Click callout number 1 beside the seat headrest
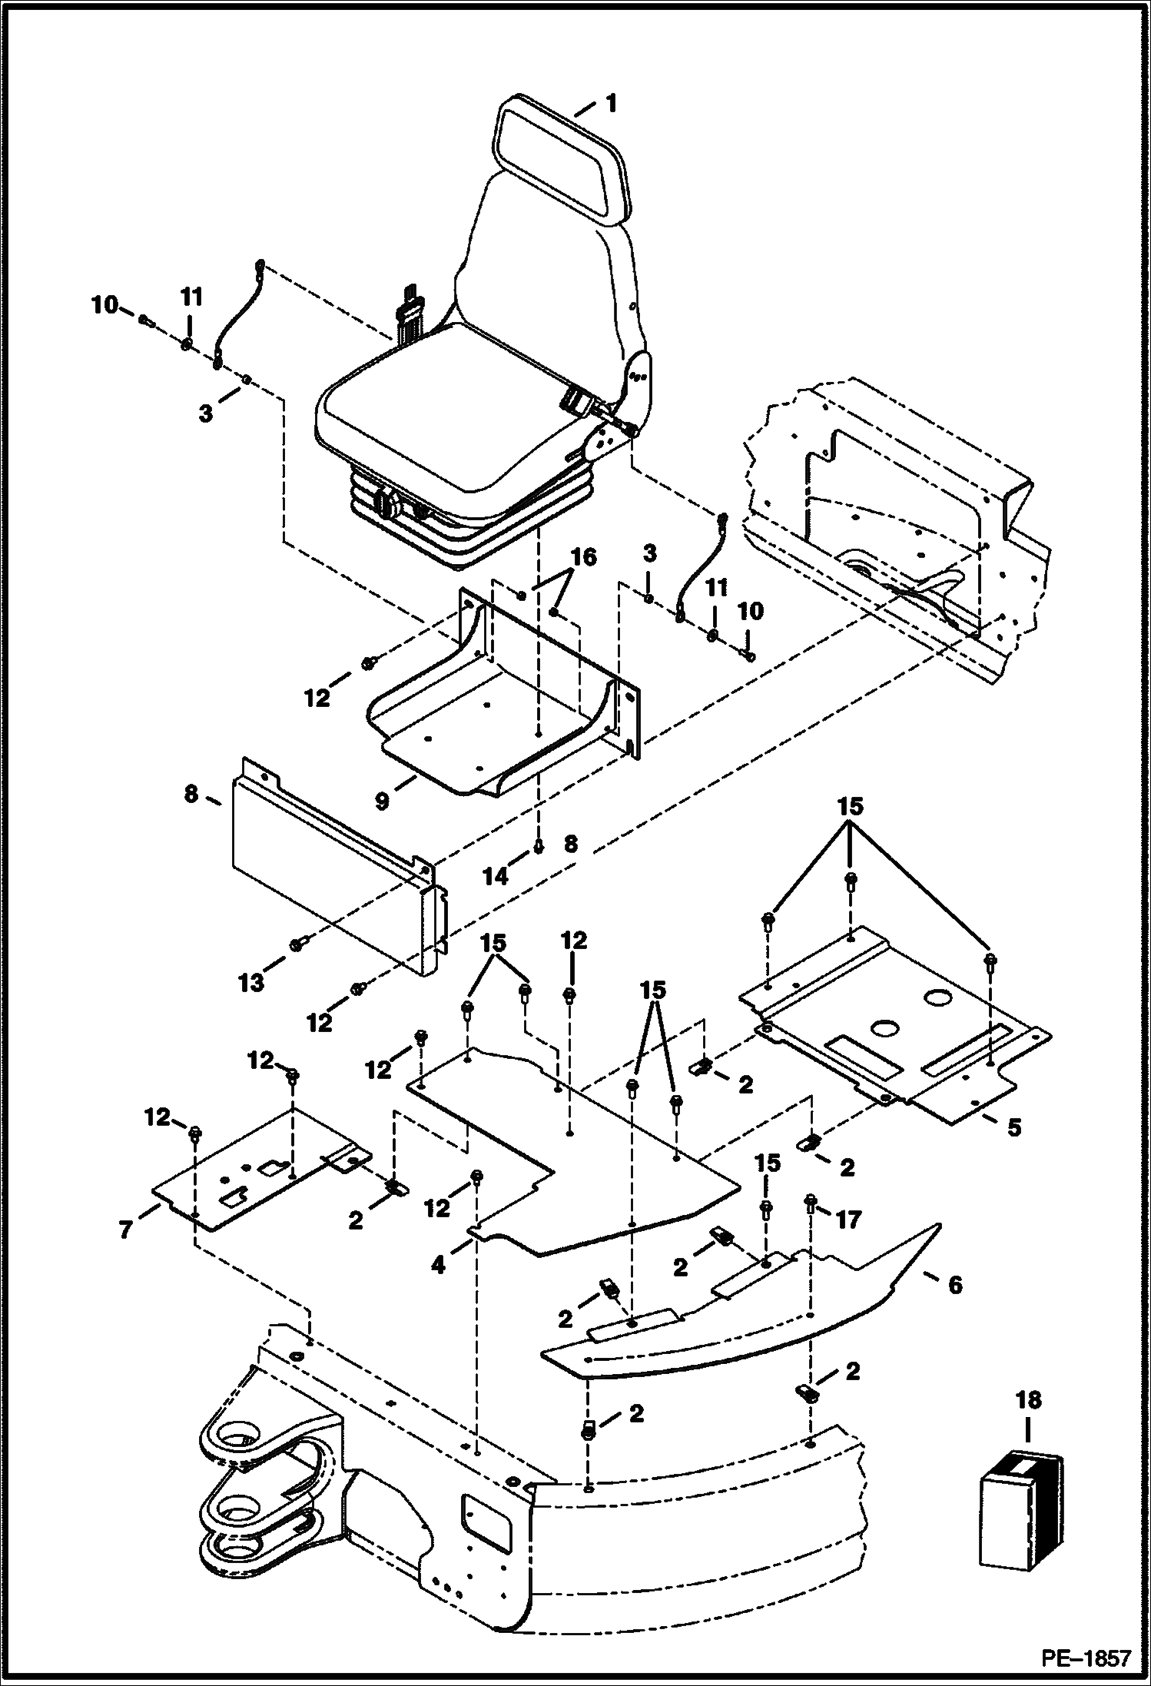611,103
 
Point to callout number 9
382,799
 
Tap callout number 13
251,982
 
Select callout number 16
584,557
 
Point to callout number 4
438,1263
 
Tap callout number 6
955,1284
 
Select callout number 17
848,1219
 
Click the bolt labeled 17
811,1202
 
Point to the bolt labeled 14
539,846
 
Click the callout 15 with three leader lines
851,807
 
